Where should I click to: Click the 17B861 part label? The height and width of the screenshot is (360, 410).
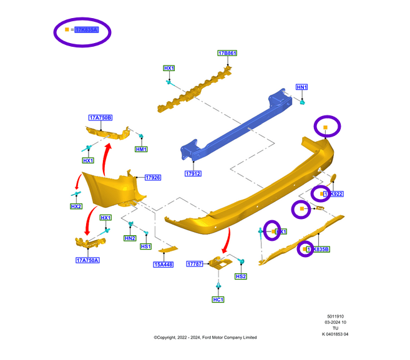point(227,54)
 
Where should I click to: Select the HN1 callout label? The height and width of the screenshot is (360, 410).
point(302,87)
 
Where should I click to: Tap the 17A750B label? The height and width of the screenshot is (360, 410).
point(100,117)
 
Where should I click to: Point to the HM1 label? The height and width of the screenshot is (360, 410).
point(141,150)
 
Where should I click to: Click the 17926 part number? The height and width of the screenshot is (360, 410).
point(153,178)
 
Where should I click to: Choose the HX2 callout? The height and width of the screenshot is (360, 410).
point(76,207)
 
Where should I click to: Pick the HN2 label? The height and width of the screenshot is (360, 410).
point(130,238)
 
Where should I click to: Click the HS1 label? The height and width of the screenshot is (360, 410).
point(146,246)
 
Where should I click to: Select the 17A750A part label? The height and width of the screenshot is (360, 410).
point(88,260)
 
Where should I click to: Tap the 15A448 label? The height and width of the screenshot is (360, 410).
point(164,264)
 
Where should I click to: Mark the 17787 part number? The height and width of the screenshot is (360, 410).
point(195,265)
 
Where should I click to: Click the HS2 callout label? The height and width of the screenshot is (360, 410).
point(241,276)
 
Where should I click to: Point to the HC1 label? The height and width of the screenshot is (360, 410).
point(218,299)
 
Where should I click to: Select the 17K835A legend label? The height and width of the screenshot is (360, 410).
point(86,30)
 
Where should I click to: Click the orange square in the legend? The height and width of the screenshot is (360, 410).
point(67,29)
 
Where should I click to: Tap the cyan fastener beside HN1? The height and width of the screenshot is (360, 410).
point(301,101)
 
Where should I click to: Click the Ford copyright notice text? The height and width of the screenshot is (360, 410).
point(205,338)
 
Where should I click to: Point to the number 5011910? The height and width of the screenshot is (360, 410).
point(335,315)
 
